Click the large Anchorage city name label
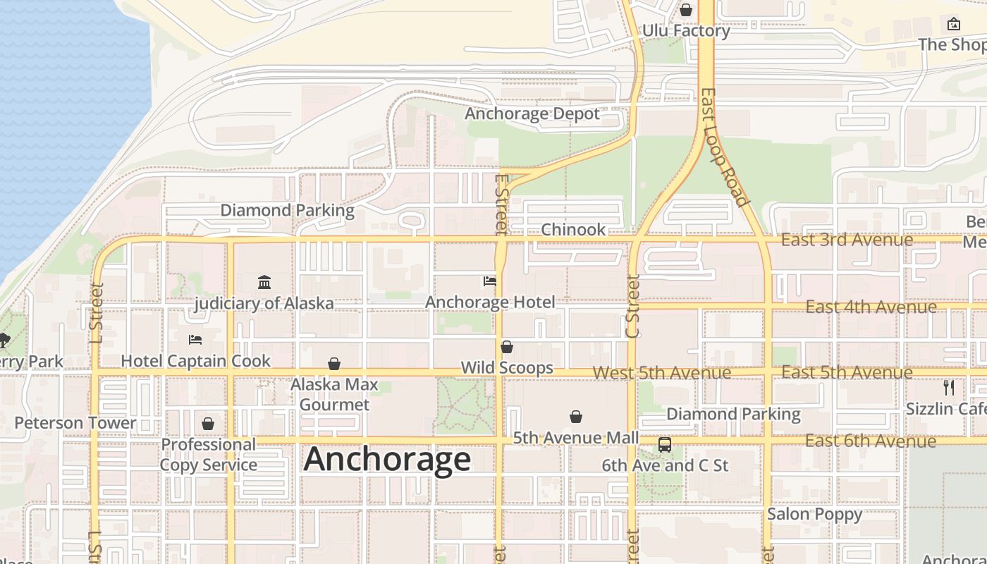387,460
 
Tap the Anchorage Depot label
532,114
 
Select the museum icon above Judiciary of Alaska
264,283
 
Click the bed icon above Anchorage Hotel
490,281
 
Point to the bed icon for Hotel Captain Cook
195,340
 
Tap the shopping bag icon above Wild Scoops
507,347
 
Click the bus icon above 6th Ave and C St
664,445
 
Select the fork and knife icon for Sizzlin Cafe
949,387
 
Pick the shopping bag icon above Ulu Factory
685,10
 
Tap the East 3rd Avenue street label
847,240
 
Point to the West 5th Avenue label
661,373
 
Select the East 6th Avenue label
871,441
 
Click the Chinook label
573,230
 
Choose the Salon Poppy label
814,514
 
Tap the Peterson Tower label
75,423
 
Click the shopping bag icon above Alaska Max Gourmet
334,364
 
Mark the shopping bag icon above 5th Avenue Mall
576,417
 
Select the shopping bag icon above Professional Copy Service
208,424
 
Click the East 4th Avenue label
871,307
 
